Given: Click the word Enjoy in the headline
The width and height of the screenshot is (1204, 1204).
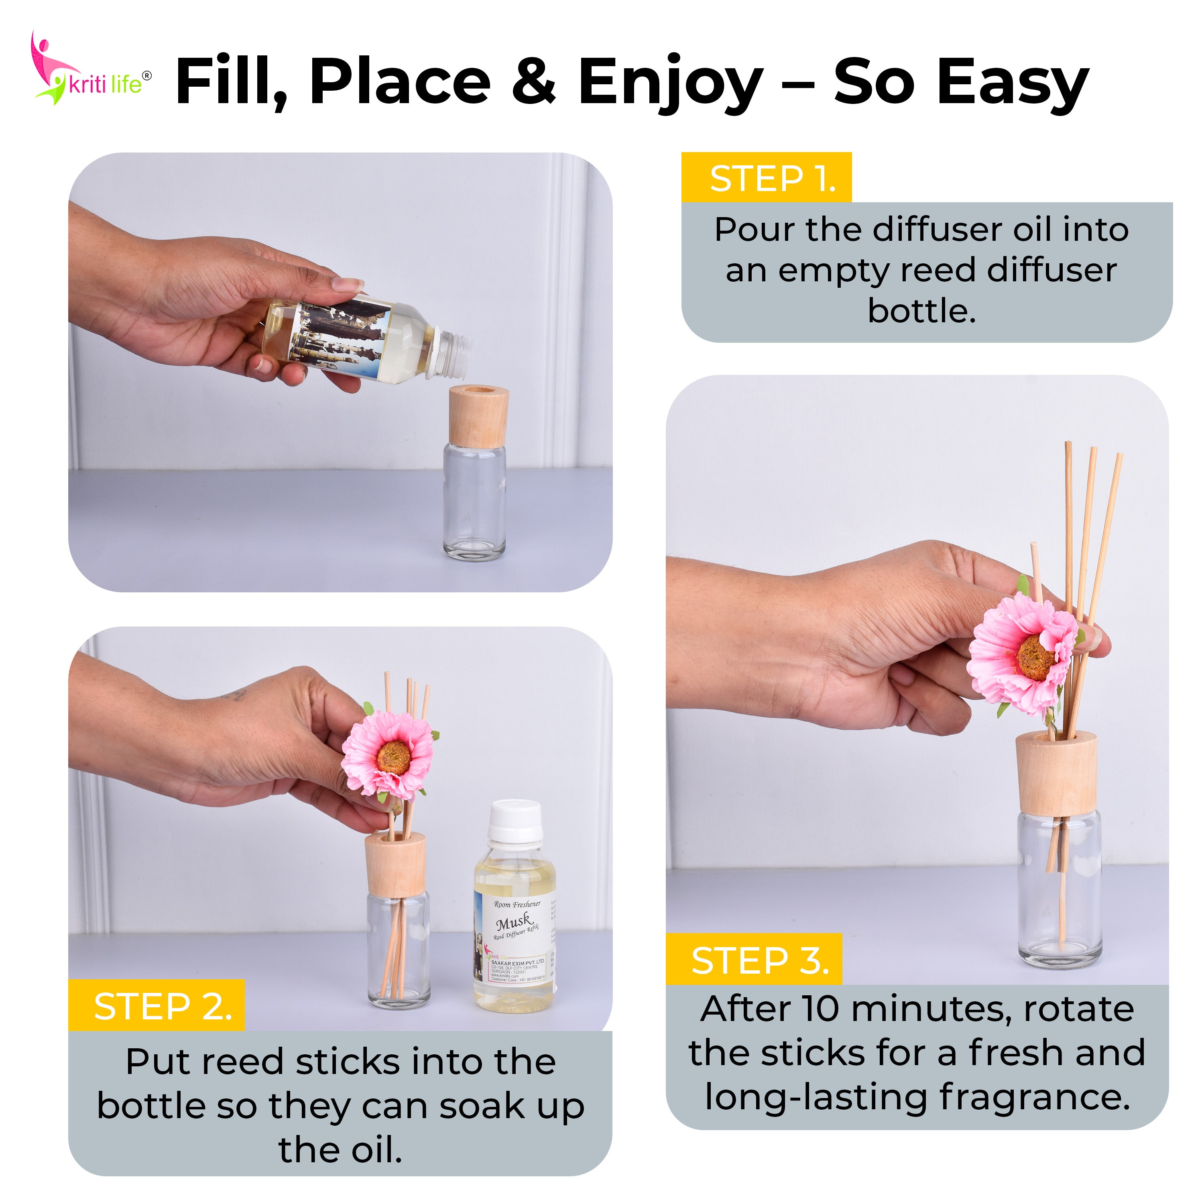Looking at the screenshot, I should (x=670, y=82).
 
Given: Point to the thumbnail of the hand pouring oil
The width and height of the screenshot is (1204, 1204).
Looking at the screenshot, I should (x=340, y=372).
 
